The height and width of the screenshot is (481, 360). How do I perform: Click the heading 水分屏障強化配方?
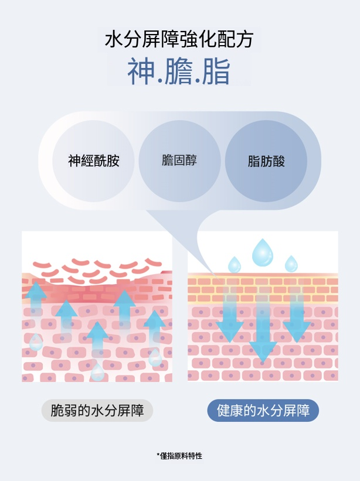pyautogui.click(x=179, y=40)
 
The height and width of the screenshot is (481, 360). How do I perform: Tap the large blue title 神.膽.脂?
pyautogui.click(x=179, y=71)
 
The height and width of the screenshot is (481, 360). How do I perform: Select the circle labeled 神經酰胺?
pyautogui.click(x=94, y=161)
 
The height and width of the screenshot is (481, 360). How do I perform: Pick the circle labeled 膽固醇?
pyautogui.click(x=179, y=160)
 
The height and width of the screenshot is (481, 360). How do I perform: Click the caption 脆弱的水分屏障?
pyautogui.click(x=97, y=410)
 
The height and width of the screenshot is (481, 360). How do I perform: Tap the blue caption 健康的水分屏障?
pyautogui.click(x=263, y=410)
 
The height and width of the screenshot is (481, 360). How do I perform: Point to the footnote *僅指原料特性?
pyautogui.click(x=179, y=455)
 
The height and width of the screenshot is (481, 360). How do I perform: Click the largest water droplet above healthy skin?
pyautogui.click(x=262, y=253)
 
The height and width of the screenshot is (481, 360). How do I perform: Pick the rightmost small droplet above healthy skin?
pyautogui.click(x=291, y=264)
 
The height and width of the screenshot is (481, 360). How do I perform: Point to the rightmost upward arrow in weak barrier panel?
pyautogui.click(x=154, y=331)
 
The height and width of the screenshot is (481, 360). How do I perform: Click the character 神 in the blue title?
pyautogui.click(x=141, y=71)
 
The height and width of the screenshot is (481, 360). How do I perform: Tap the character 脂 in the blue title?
pyautogui.click(x=216, y=71)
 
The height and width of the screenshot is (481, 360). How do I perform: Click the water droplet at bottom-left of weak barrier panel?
pyautogui.click(x=36, y=342)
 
